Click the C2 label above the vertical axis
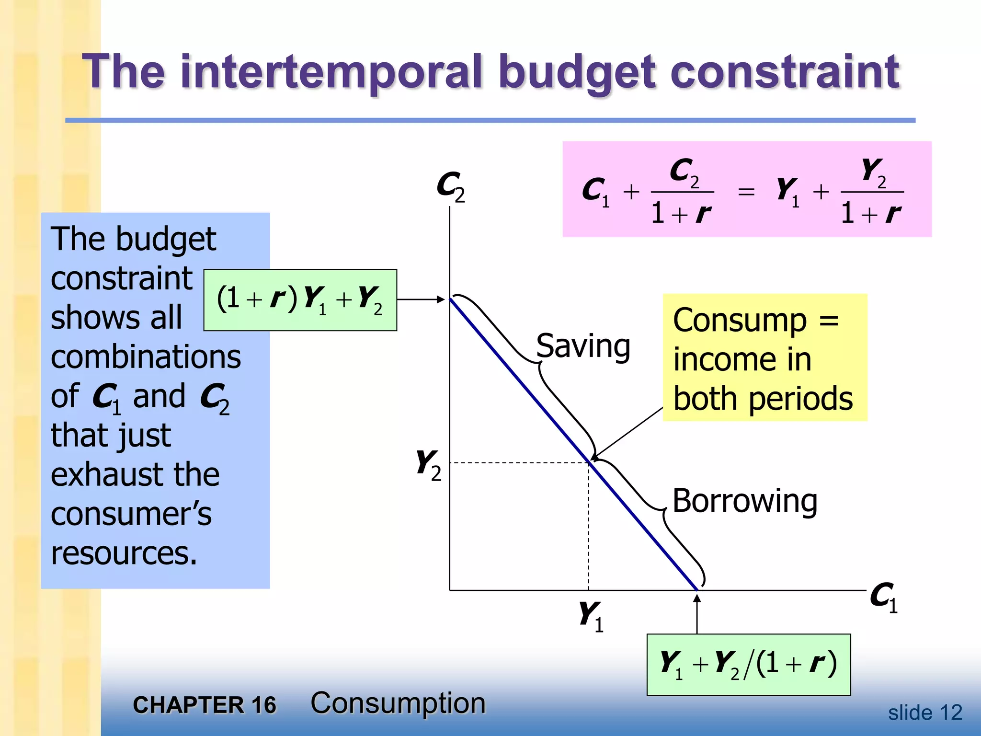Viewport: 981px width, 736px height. coord(450,186)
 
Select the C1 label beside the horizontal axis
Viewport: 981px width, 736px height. coord(883,597)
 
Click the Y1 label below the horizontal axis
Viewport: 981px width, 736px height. coord(590,616)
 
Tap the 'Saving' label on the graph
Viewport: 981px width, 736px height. coord(582,346)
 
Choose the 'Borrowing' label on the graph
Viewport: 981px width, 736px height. coord(744,501)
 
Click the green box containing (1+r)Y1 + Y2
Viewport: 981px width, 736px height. coord(300,300)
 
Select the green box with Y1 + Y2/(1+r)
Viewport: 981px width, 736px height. coord(748,664)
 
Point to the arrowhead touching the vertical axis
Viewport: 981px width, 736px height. coord(441,299)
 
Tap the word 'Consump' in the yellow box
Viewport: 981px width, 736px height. coord(740,320)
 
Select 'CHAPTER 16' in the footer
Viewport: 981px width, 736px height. coord(205,705)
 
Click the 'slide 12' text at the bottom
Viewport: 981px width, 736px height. coord(924,713)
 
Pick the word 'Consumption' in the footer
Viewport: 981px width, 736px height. coord(398,703)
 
